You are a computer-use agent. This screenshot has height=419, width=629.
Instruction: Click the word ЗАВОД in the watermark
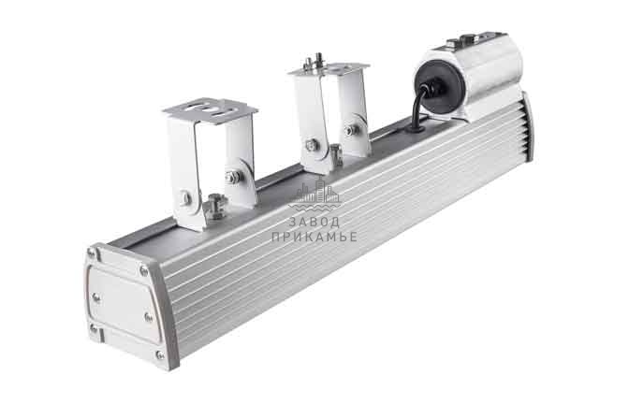[314, 222]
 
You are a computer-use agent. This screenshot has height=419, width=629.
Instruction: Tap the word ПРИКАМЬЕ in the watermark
[314, 237]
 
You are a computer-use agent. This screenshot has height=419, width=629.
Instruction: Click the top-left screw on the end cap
[93, 253]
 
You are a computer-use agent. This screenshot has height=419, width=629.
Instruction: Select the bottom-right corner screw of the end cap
[160, 354]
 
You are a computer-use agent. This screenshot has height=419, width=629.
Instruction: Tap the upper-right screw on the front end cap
[143, 270]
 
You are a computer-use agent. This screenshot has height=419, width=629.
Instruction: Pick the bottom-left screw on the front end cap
[94, 329]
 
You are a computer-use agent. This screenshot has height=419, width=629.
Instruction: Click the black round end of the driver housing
[438, 87]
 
